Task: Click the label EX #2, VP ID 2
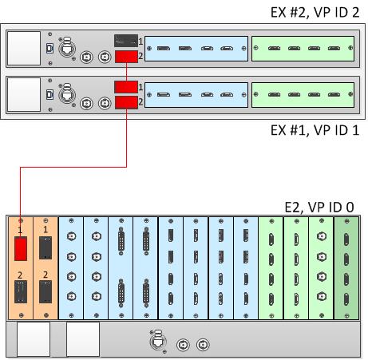[315, 12]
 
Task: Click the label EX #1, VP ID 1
[315, 130]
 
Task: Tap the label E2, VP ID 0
[319, 207]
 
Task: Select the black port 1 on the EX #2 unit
[126, 41]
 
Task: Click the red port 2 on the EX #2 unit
[126, 57]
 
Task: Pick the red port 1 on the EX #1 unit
[126, 87]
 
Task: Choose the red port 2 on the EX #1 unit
[126, 102]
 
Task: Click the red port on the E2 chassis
[21, 249]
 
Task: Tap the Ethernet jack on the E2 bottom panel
[158, 342]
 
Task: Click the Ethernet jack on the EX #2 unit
[67, 49]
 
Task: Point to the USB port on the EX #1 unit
[49, 94]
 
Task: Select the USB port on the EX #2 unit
[49, 48]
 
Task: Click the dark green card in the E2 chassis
[346, 267]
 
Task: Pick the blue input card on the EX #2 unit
[196, 49]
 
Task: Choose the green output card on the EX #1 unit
[303, 95]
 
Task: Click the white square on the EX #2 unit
[24, 48]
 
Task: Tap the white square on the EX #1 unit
[24, 94]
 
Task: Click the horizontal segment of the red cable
[73, 167]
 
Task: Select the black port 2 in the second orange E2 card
[46, 291]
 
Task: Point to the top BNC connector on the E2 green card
[322, 236]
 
